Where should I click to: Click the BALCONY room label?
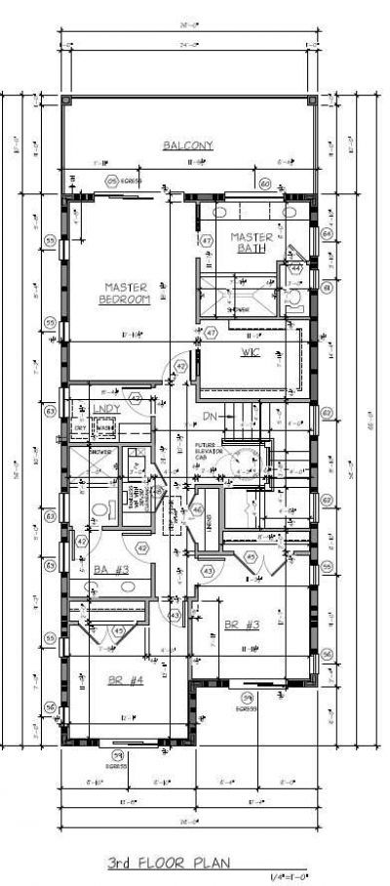click(188, 145)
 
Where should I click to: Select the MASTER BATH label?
click(250, 243)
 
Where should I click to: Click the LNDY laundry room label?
click(104, 408)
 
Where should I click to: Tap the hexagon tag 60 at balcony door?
click(264, 182)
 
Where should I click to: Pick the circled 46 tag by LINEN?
click(197, 508)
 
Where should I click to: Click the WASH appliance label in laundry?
click(102, 427)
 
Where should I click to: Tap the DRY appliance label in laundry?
click(80, 427)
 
